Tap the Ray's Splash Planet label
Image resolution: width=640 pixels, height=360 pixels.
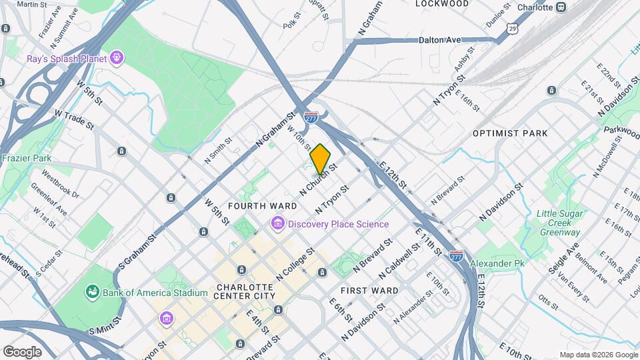click(x=67, y=59)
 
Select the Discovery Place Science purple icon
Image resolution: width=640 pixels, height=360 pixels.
click(x=277, y=224)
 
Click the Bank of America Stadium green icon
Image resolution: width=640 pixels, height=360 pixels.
click(x=91, y=292)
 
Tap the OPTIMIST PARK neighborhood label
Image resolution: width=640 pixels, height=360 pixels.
click(x=510, y=133)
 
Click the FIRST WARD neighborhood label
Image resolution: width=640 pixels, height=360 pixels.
click(x=369, y=291)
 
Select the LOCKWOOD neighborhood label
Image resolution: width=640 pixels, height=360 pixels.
click(x=442, y=3)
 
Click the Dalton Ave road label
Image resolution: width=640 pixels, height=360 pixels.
click(x=440, y=40)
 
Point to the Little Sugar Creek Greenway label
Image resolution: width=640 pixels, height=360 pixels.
click(x=559, y=223)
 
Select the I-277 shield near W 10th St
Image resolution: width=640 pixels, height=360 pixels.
click(x=311, y=117)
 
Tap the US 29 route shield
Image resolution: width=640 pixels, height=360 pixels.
click(x=511, y=27)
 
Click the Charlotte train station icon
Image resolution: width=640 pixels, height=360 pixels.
click(x=562, y=7)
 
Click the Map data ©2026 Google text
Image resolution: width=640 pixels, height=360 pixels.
click(x=598, y=355)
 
